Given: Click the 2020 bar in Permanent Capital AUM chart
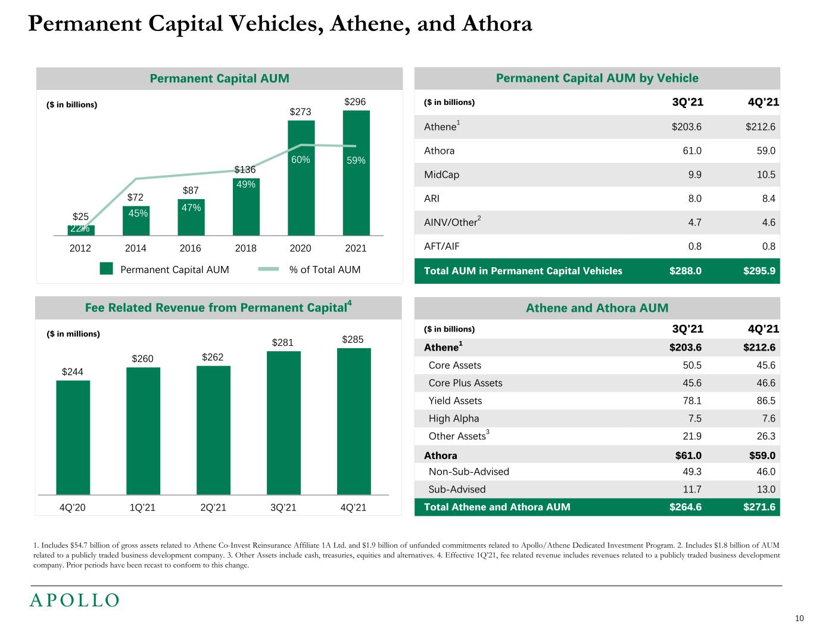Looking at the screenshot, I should point(301,179).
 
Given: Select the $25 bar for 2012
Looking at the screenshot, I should point(81,230).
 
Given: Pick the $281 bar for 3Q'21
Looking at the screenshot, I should point(284,423).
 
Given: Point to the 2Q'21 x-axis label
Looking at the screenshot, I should point(213,508).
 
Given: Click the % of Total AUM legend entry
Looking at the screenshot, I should point(325,269).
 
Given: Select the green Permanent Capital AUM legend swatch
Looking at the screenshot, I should point(107,269).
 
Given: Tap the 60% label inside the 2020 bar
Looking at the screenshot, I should point(301,160).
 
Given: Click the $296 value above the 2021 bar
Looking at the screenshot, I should point(356,102).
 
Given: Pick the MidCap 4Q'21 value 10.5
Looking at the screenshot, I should point(765,175).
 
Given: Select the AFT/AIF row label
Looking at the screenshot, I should point(441,246).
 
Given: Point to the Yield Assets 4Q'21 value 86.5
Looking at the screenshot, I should point(765,401).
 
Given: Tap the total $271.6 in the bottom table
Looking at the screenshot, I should point(759,507).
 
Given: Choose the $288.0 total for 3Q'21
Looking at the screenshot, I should point(686,271).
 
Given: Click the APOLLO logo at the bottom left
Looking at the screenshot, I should point(74,600).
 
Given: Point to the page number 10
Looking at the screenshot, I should point(799,617).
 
